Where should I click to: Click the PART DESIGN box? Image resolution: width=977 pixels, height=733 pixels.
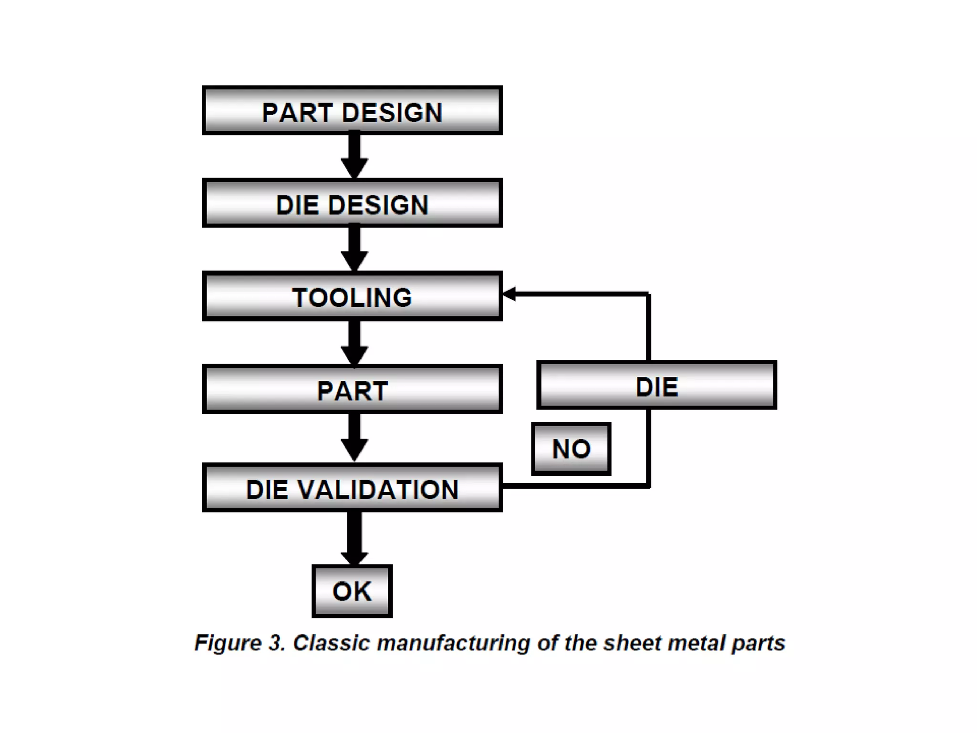(352, 111)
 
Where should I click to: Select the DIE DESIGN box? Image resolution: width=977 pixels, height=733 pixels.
(352, 203)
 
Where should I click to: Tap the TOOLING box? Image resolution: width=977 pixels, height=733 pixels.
(352, 296)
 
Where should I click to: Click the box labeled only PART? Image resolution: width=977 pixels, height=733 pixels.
(352, 389)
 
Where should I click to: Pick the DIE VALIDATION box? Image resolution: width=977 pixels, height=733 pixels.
(352, 488)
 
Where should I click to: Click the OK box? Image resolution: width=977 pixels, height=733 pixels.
(352, 591)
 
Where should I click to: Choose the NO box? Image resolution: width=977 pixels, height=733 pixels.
(571, 449)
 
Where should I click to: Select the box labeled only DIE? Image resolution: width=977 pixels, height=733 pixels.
(656, 386)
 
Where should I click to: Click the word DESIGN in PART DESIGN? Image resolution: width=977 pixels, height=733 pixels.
(392, 113)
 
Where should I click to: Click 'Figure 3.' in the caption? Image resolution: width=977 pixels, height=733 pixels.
(239, 643)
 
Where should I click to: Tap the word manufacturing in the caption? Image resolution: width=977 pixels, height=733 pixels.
(453, 643)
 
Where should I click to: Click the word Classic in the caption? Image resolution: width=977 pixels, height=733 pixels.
(331, 643)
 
